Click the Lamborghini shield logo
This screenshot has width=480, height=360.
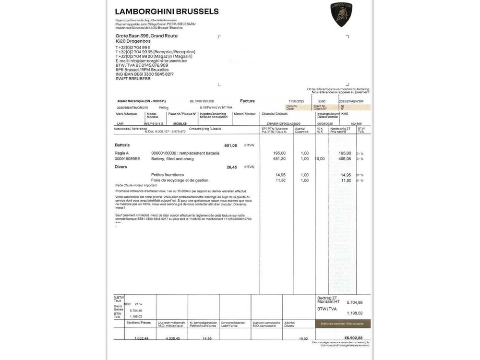(341, 13)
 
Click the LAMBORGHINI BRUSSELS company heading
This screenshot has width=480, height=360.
(167, 12)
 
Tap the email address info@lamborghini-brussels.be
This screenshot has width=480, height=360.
(151, 61)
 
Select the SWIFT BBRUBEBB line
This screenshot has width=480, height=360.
(133, 78)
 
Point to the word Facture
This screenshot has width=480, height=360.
(248, 101)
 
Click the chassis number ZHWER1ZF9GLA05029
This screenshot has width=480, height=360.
(281, 123)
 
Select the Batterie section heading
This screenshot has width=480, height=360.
(122, 145)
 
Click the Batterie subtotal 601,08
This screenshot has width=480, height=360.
(230, 145)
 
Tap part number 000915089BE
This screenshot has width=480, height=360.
(127, 158)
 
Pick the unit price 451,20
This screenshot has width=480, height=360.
(279, 158)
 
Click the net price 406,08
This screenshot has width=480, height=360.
(344, 158)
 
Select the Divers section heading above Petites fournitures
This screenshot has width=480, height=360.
(121, 167)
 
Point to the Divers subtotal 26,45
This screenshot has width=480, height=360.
(231, 167)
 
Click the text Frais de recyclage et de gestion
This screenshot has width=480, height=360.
(180, 180)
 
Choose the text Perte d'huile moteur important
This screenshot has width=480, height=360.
(136, 185)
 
